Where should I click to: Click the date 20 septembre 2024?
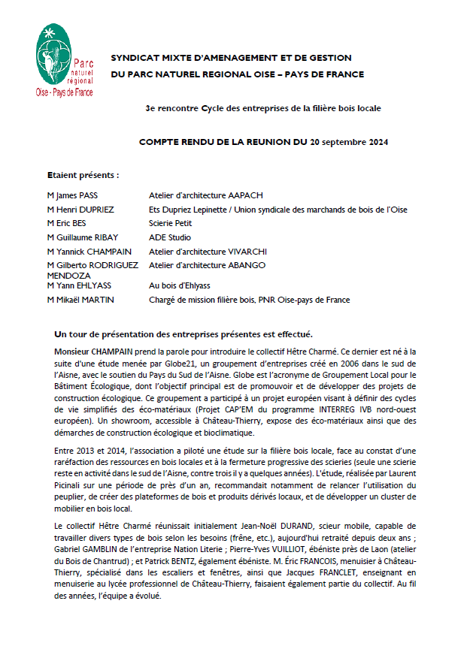pyautogui.click(x=348, y=141)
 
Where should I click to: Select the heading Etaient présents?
pyautogui.click(x=83, y=174)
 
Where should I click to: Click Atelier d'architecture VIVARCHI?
pyautogui.click(x=208, y=252)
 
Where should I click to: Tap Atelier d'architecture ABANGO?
pyautogui.click(x=207, y=265)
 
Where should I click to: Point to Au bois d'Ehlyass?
pyautogui.click(x=180, y=285)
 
